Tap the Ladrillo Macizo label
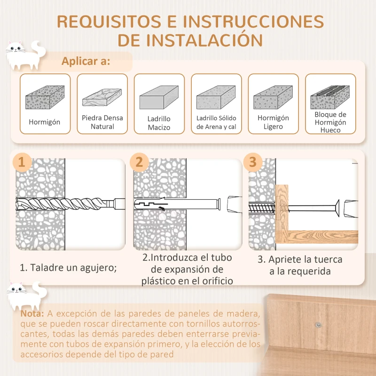[159, 123]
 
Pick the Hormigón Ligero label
[273, 122]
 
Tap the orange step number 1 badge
[21, 163]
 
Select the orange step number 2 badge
[139, 163]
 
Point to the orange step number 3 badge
[253, 163]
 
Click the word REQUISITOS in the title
[116, 21]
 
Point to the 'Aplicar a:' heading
[86, 62]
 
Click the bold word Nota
[33, 313]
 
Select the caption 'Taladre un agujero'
[68, 267]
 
